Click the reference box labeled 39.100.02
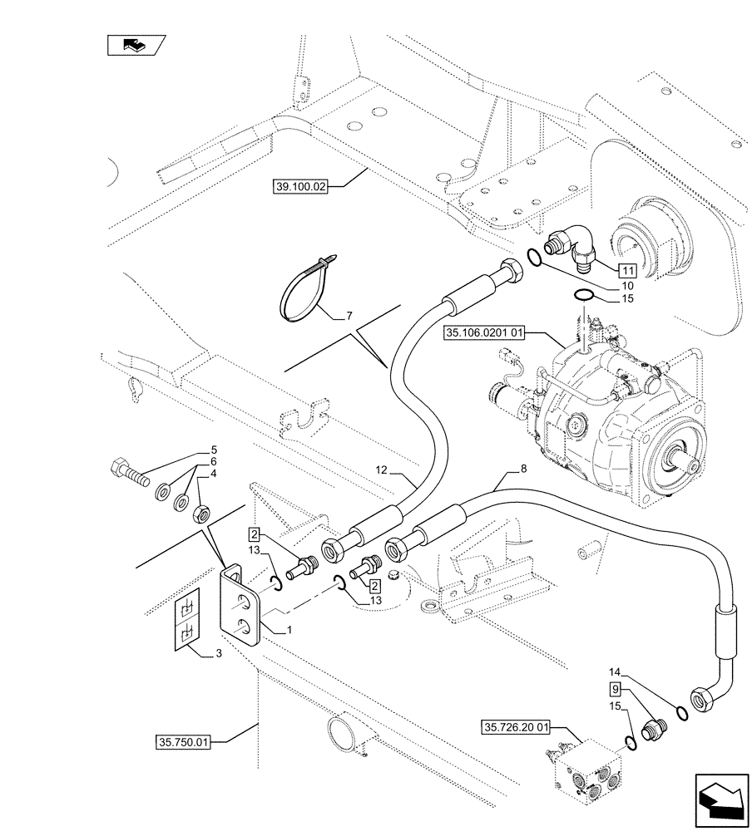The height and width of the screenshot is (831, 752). point(300,188)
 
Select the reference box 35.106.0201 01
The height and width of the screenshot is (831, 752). point(486,332)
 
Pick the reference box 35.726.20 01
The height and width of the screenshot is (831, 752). point(516,728)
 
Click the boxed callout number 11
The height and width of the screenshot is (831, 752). point(626,270)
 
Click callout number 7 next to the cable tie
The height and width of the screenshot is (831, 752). point(349,316)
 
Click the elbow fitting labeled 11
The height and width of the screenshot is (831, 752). point(568,248)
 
